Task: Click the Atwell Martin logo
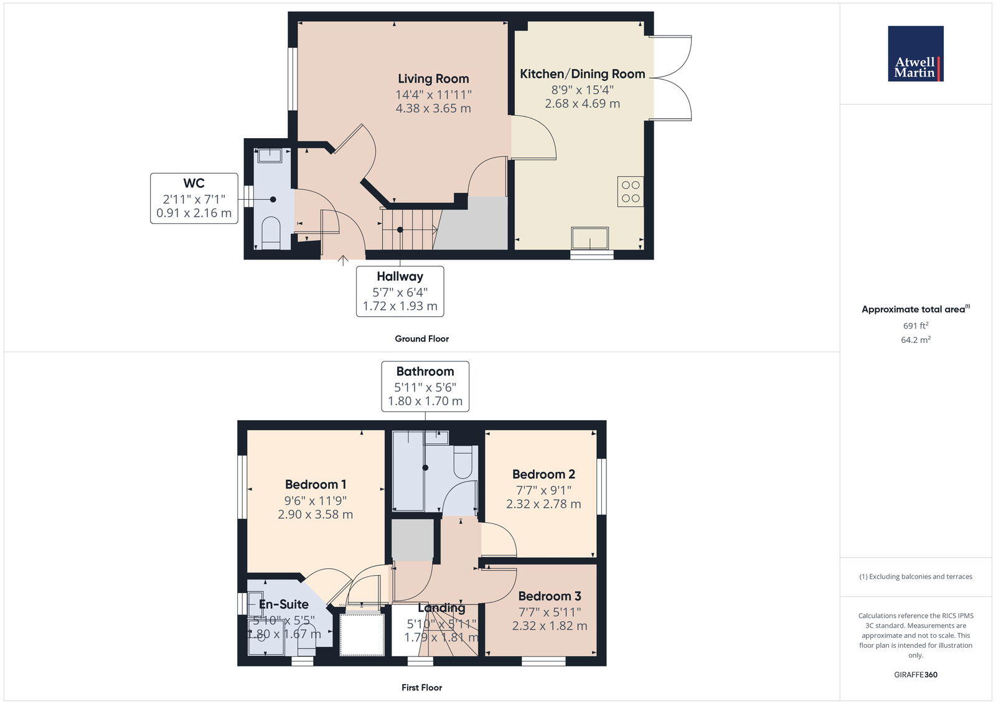click(x=915, y=54)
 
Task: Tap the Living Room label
click(x=433, y=79)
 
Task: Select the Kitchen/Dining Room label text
click(x=582, y=74)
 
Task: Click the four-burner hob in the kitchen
click(x=630, y=192)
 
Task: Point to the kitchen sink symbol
click(x=590, y=238)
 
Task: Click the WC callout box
click(x=194, y=199)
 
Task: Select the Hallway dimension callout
click(x=400, y=291)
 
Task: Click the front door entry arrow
click(x=342, y=260)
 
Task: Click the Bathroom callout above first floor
click(x=425, y=386)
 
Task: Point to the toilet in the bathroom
click(x=463, y=462)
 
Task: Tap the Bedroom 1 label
click(x=316, y=484)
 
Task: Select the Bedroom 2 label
click(x=543, y=474)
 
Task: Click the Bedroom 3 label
click(x=549, y=596)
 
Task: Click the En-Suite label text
click(x=284, y=604)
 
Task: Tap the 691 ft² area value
click(x=916, y=325)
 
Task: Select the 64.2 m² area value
click(x=916, y=340)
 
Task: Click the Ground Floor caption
click(x=421, y=339)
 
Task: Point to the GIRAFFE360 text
click(x=915, y=675)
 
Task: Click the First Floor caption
click(x=421, y=688)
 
